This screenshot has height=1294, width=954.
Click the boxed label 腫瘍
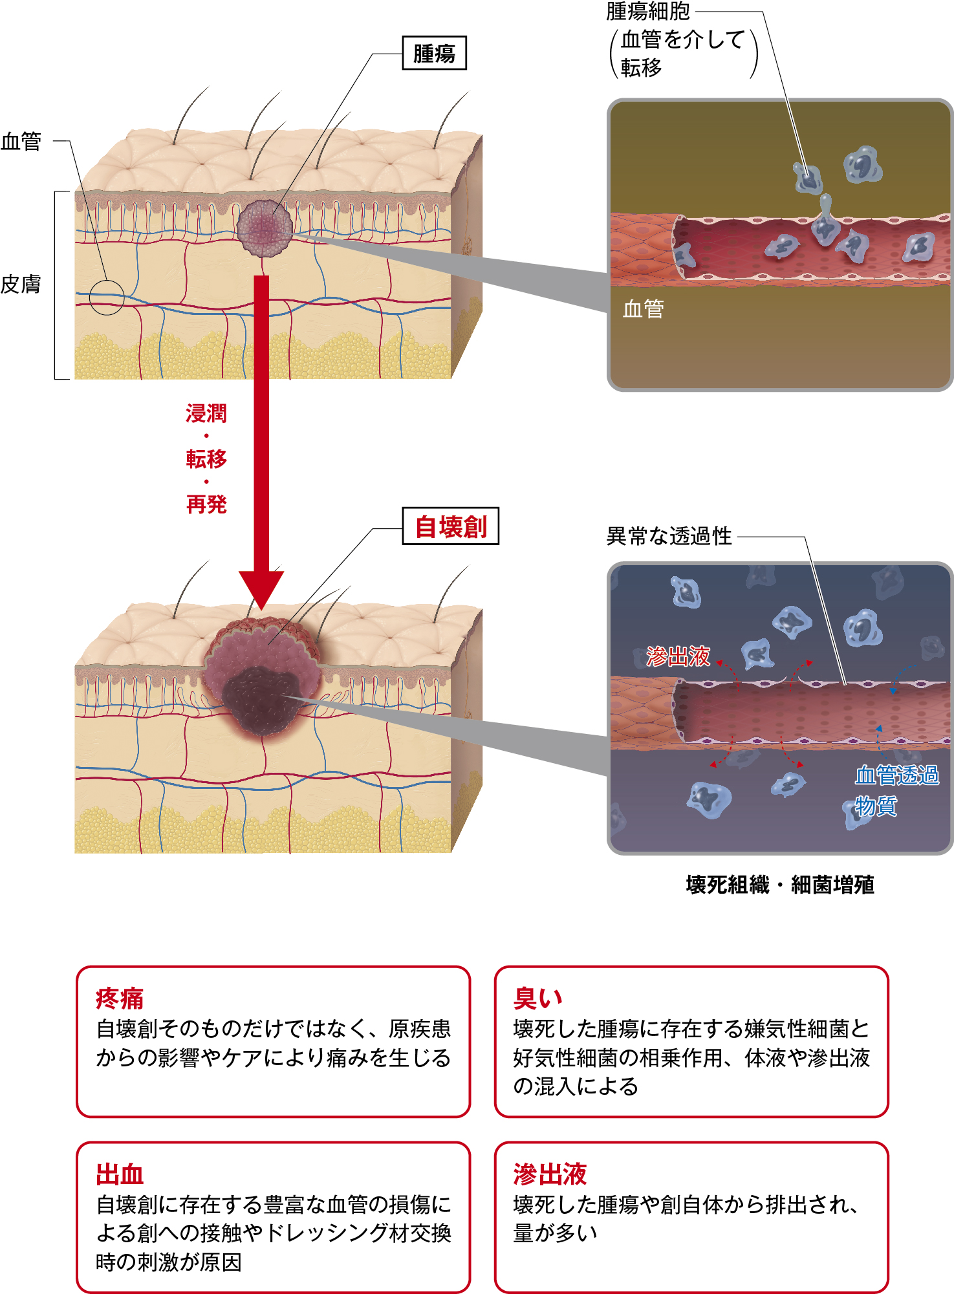[434, 53]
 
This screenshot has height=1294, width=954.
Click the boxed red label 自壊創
[450, 526]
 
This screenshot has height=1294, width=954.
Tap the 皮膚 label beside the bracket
[21, 284]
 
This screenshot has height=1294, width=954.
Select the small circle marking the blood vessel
[106, 297]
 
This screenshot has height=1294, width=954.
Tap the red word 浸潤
[206, 413]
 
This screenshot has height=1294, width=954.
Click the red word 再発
[206, 504]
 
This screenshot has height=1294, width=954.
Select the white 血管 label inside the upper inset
[643, 309]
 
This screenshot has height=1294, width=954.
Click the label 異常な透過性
[669, 536]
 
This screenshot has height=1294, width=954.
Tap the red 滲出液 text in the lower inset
[678, 656]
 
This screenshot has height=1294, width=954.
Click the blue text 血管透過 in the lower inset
[896, 775]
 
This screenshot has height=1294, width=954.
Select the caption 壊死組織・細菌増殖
[780, 884]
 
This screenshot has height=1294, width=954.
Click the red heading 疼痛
[120, 998]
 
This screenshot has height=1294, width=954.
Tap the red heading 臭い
[537, 998]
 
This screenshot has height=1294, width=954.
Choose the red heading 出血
[120, 1174]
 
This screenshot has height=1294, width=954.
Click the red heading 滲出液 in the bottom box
[550, 1174]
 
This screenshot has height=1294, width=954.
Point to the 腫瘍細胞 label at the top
[648, 11]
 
